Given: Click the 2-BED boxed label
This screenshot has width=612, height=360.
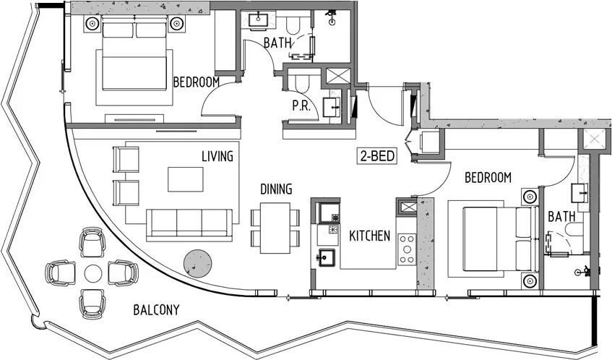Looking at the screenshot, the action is (377, 156).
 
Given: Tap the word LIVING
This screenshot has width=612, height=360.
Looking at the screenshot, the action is (217, 156).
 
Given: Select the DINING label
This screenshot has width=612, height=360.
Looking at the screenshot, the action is (276, 189).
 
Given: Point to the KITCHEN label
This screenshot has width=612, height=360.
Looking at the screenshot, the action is (370, 236).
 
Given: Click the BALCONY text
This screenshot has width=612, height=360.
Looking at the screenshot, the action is (156, 310).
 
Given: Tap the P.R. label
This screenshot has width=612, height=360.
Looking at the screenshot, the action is (301, 106).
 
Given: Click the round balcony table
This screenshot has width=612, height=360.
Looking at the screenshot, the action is (93, 273).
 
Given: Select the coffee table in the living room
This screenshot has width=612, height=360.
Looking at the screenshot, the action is (186, 179).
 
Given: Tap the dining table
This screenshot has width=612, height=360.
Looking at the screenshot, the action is (275, 228).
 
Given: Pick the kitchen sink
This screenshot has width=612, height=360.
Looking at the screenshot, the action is (327, 257).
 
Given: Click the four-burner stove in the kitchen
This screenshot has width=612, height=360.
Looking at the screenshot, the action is (407, 249).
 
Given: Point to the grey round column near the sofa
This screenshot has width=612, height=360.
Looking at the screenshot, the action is (197, 263).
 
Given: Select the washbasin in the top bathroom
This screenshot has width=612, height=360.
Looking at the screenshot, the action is (258, 20).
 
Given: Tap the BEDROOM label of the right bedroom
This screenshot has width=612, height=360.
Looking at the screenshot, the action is (488, 178).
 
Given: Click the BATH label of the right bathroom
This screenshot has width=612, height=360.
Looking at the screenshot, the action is (561, 216).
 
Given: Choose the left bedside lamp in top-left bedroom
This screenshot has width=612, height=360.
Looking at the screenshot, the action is (92, 24).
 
